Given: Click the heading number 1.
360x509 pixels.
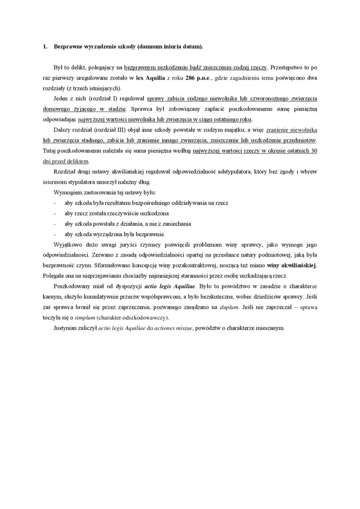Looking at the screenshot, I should pyautogui.click(x=45, y=47).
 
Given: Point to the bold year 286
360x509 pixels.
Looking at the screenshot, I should pyautogui.click(x=189, y=78).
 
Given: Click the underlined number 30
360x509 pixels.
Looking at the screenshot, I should pyautogui.click(x=314, y=151).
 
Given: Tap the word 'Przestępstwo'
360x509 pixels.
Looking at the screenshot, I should pyautogui.click(x=288, y=68).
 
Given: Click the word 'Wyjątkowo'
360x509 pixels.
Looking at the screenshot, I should pyautogui.click(x=69, y=244).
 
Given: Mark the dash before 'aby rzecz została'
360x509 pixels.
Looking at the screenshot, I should pyautogui.click(x=55, y=213).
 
